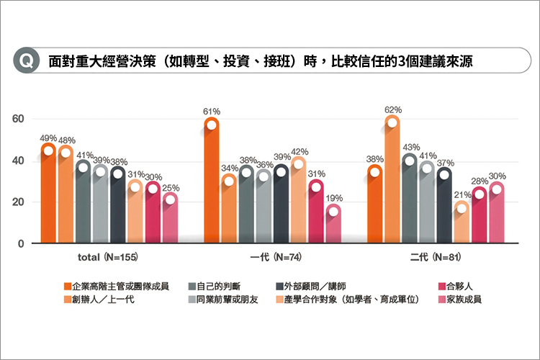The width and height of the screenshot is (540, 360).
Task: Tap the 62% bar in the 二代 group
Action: (x=392, y=180)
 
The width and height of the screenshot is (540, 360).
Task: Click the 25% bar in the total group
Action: (x=170, y=219)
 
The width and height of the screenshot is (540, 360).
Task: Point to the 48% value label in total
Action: (x=66, y=140)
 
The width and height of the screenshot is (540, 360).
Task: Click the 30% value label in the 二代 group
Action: (x=497, y=175)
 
